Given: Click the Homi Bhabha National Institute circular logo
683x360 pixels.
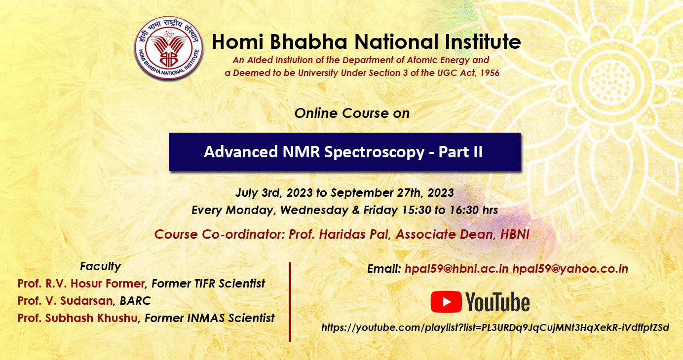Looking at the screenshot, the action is [169, 48].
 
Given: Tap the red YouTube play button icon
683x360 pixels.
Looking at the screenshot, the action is [446, 301].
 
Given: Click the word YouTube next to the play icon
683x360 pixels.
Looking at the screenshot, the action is [497, 302].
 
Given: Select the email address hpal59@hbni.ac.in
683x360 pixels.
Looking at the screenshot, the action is [456, 269].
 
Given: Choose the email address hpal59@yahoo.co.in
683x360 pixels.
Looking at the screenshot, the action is [570, 269].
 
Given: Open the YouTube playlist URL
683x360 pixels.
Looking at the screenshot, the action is [495, 327].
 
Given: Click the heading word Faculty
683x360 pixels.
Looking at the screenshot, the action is [100, 266].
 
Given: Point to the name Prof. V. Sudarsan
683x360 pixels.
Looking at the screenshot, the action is [65, 301].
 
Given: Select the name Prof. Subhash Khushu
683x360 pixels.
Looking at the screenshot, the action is [78, 318].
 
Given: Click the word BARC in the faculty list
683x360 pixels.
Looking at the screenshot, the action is [135, 301].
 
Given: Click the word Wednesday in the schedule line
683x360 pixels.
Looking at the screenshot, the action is [314, 210].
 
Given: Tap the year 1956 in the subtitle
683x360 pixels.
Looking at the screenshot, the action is [490, 73].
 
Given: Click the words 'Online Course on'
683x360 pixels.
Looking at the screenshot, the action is [352, 113].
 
